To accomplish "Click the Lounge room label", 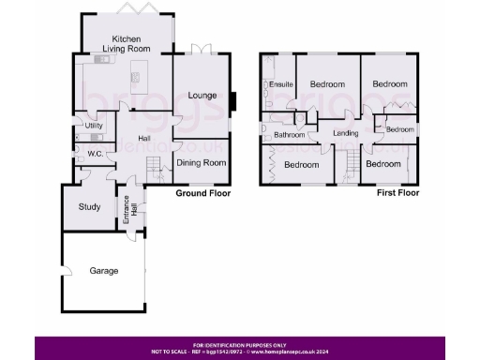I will click(x=202, y=96).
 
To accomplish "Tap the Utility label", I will click(x=94, y=126).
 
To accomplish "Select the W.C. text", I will click(x=94, y=154).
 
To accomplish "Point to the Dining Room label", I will click(x=202, y=163).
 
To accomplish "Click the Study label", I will click(x=90, y=207).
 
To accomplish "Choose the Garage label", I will click(x=103, y=271).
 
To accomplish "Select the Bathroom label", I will click(x=289, y=135).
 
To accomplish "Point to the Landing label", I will click(x=347, y=135).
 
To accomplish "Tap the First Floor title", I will click(x=397, y=193).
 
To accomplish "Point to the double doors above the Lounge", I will click(x=200, y=52).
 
